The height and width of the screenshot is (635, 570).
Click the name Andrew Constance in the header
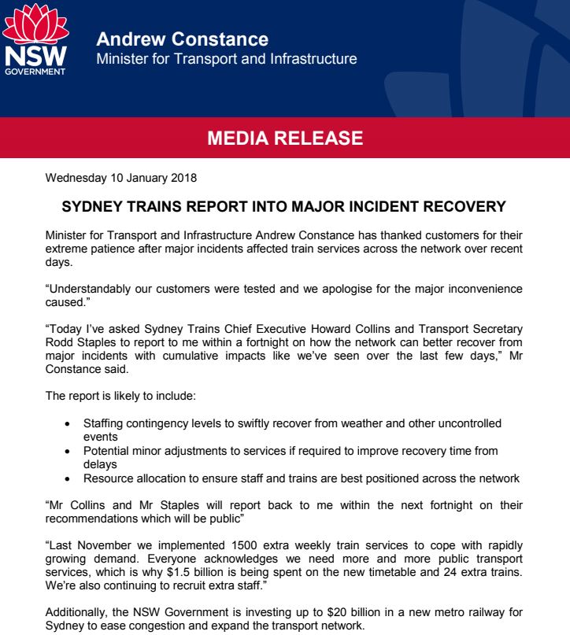tap(182, 39)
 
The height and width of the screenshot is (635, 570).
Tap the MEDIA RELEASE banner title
tap(284, 139)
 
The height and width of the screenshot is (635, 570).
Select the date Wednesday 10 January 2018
tap(120, 178)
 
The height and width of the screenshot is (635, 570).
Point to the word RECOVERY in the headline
tap(466, 208)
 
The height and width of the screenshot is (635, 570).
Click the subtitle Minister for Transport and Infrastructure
tap(226, 59)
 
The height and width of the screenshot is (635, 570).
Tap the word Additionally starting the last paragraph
tap(80, 614)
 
